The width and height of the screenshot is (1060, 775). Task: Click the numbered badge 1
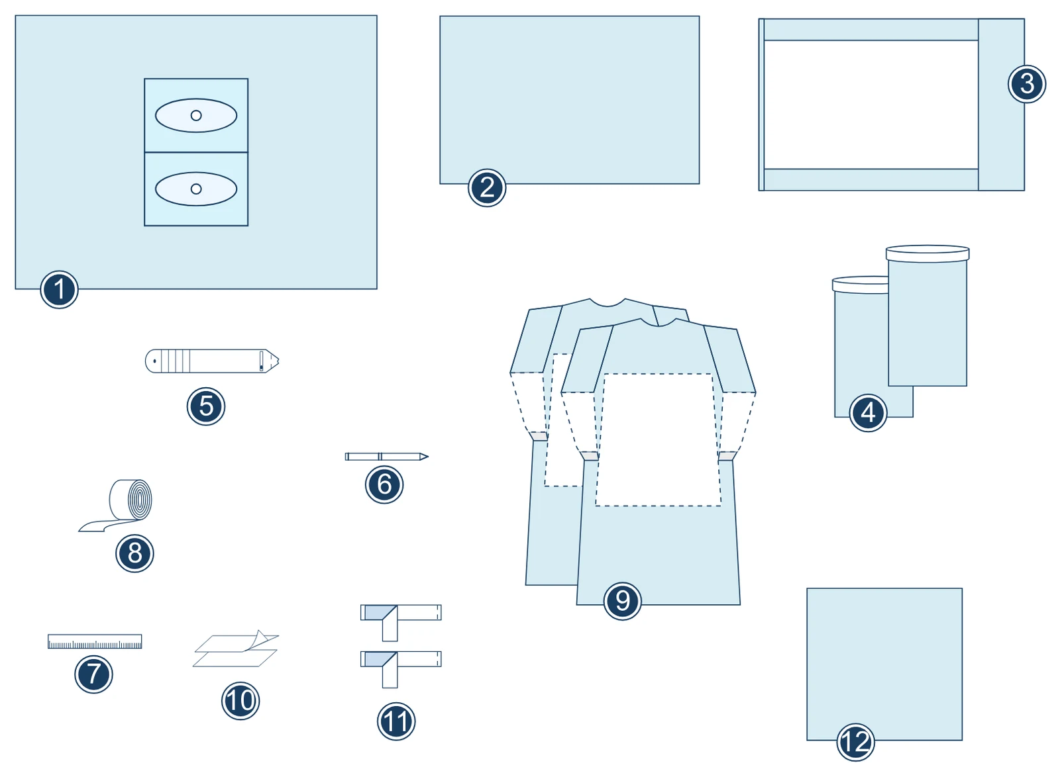[59, 289]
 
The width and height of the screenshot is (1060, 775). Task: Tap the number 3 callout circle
[1027, 84]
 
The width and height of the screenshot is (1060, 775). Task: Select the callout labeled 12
[855, 742]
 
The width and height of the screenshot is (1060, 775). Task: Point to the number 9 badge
[623, 601]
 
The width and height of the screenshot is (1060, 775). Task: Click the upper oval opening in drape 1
[196, 115]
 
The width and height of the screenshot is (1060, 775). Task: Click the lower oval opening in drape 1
[196, 189]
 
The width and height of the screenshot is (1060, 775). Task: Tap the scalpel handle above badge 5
[212, 361]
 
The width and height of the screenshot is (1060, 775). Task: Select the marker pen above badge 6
[387, 457]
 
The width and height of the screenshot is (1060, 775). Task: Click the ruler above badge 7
[95, 641]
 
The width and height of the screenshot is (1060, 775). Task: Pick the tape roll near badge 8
[116, 505]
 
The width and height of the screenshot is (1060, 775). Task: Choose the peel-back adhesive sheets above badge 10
[236, 649]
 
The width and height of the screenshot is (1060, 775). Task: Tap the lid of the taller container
[927, 253]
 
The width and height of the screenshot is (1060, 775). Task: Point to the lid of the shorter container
[861, 285]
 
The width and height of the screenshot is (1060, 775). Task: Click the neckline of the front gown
[659, 323]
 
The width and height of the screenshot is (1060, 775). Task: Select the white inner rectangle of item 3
[871, 105]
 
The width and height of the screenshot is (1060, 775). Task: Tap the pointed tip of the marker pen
[428, 457]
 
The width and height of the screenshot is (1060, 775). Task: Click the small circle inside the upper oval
[196, 115]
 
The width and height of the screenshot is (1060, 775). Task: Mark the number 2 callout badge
[487, 188]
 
